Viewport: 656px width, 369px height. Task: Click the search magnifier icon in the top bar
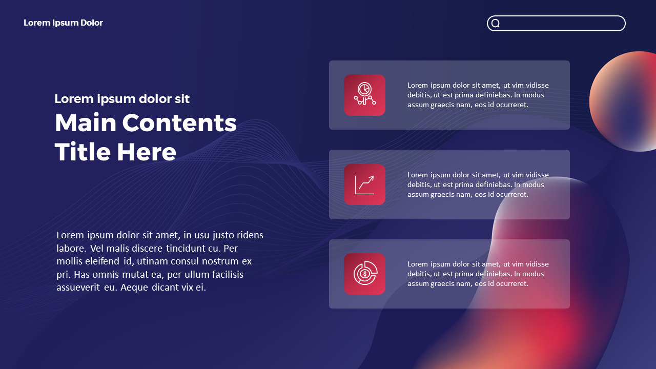pos(496,24)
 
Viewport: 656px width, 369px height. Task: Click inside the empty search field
pos(561,24)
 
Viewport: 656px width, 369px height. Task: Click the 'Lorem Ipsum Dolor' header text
pos(63,23)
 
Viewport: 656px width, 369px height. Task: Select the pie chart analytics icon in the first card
pos(364,95)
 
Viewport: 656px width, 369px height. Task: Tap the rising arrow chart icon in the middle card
pos(364,184)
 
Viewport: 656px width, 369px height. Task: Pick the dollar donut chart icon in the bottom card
pos(364,274)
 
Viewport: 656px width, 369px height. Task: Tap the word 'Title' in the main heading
pos(82,152)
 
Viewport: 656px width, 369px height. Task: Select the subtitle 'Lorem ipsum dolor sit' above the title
pos(122,99)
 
